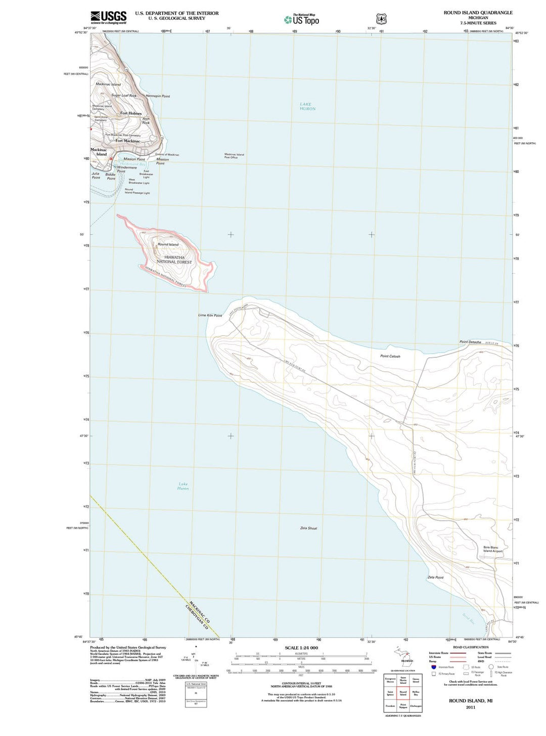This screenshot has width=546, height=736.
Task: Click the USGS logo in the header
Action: (108, 18)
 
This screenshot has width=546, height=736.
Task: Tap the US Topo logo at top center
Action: (302, 20)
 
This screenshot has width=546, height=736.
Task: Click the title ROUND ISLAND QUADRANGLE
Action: (478, 13)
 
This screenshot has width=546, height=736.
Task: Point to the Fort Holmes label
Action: (131, 113)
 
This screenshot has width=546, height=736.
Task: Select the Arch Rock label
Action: (146, 120)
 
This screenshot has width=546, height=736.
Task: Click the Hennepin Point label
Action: (158, 96)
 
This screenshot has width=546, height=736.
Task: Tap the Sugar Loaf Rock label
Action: (124, 95)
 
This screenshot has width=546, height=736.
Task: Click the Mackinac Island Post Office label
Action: (234, 156)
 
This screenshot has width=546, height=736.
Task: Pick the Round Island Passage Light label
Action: (137, 191)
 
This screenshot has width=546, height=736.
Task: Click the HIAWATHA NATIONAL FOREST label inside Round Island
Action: (174, 259)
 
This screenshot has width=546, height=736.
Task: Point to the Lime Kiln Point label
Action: (210, 315)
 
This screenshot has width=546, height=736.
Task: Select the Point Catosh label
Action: (390, 356)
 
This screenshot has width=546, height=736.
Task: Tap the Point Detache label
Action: (470, 342)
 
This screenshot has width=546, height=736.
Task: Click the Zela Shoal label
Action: (308, 528)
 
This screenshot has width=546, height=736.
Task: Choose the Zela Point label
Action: (435, 577)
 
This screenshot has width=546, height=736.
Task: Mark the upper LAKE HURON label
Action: (307, 106)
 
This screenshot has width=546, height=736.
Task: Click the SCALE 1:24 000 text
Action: (301, 647)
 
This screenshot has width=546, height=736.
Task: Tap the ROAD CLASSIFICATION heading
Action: (471, 647)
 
